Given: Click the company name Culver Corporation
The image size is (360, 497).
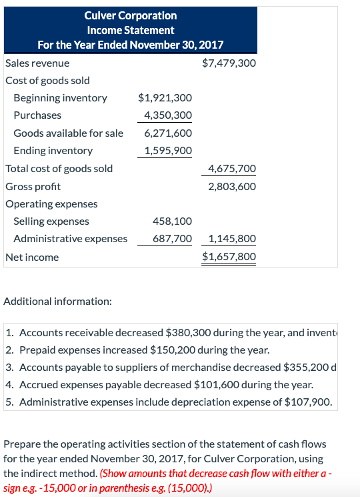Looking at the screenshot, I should [x=131, y=15].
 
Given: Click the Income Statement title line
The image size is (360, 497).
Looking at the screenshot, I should [x=131, y=30].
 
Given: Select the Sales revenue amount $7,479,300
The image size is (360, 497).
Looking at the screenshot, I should [x=228, y=63].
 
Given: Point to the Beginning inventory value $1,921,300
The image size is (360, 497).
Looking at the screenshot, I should [x=165, y=98].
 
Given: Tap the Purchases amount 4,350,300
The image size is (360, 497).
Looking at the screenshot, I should [x=168, y=115].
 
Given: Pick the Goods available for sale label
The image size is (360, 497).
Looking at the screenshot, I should [x=68, y=133].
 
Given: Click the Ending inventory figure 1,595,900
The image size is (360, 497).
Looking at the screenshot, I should [x=168, y=151].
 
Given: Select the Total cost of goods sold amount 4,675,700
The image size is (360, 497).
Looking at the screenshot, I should [x=231, y=169].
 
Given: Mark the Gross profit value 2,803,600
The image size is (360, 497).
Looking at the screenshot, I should [x=231, y=187].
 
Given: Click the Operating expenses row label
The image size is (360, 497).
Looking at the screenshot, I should [x=51, y=203].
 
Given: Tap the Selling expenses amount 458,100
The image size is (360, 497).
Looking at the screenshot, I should [x=172, y=221].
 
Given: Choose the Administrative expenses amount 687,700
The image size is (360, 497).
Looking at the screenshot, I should [x=172, y=239].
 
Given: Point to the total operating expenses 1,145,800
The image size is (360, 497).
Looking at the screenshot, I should [x=231, y=239].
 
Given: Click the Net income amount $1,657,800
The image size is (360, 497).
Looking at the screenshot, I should [x=228, y=257].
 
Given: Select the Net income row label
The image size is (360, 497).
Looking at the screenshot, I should [x=32, y=257].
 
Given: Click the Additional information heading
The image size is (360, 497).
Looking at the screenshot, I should [x=58, y=302].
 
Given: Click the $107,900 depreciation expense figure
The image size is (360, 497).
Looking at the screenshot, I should [x=307, y=402].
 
